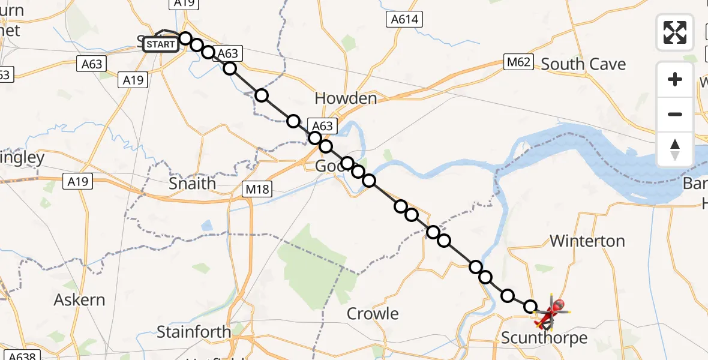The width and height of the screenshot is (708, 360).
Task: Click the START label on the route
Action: click(x=160, y=44)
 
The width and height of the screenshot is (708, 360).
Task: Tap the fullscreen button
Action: click(x=675, y=32)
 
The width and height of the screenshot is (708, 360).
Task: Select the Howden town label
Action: click(x=346, y=98)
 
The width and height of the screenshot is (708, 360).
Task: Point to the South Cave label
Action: click(x=583, y=64)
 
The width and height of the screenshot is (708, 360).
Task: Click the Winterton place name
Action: click(x=587, y=241)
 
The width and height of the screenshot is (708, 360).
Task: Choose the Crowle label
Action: click(x=373, y=314)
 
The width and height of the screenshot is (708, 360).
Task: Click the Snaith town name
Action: click(x=192, y=184)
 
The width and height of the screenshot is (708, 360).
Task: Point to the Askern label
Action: click(x=79, y=300)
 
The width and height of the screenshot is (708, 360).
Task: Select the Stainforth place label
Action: click(x=194, y=332)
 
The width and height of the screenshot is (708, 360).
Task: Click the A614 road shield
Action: click(x=404, y=20)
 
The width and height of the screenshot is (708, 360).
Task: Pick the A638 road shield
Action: click(x=20, y=355)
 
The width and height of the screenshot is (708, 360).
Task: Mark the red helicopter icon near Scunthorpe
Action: click(x=556, y=309)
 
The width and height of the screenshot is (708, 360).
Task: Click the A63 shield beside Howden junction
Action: click(x=322, y=125)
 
